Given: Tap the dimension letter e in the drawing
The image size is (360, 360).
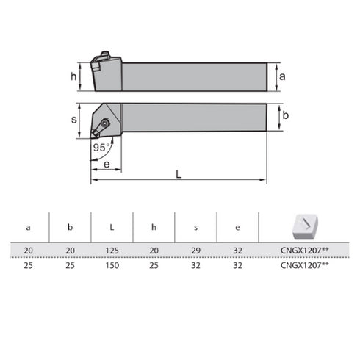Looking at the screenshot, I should (x=107, y=164).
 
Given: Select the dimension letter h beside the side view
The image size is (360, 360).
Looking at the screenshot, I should (x=73, y=76).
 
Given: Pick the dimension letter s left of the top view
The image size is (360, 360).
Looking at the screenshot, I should (x=73, y=120).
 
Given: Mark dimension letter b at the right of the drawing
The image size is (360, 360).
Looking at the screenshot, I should (x=286, y=116).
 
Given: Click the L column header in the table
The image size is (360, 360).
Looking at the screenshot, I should (x=112, y=228).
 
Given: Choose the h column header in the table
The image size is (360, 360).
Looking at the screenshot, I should (x=154, y=228).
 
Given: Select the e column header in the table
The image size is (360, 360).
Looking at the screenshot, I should (x=237, y=228).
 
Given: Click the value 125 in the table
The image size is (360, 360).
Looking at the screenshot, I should (x=112, y=251).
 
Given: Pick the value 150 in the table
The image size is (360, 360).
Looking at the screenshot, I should (x=112, y=265).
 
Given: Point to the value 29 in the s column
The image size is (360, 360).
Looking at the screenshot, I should (x=195, y=251).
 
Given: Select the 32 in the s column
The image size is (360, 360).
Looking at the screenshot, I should (x=195, y=265).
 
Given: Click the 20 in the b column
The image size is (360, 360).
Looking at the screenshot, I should (x=70, y=251).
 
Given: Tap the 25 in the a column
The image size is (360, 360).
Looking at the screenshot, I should (x=28, y=265).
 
